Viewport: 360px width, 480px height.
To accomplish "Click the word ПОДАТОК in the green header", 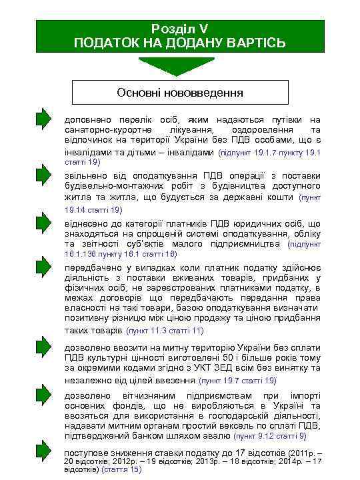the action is point(107,43).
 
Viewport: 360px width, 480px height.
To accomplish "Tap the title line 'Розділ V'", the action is point(179,28).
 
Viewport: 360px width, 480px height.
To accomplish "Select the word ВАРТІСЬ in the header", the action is point(253,43).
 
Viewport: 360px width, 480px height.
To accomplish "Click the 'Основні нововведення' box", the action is point(180,92).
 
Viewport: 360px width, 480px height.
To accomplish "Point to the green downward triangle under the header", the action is point(180,67).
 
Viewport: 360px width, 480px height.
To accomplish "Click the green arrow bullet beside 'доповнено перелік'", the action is point(44,119).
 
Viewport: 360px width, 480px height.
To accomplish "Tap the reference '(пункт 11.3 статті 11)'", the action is point(165,331).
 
